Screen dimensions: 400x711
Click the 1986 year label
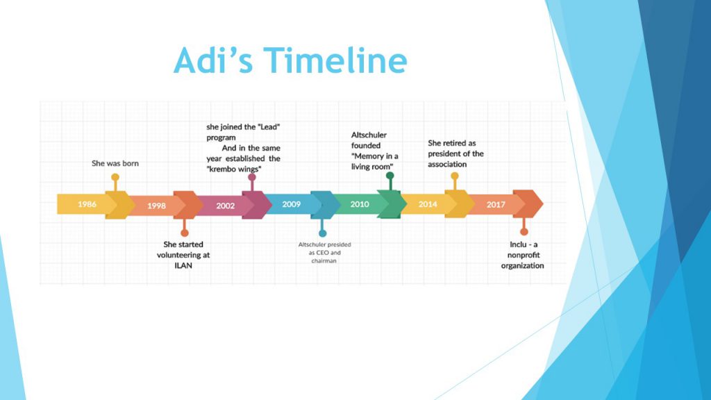(87, 204)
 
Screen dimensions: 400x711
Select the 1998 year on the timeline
(156, 206)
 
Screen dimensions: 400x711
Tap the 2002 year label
(226, 206)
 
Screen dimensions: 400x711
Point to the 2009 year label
(292, 204)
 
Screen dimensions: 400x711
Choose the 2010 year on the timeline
(360, 204)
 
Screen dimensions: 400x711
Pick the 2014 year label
(428, 204)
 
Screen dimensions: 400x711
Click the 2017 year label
(496, 204)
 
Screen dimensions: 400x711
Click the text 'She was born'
(115, 163)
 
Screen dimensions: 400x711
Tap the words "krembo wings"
(234, 169)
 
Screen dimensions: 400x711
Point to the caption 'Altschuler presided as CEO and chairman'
(324, 252)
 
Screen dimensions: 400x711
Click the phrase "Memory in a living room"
(375, 162)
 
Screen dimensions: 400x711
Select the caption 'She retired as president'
(455, 153)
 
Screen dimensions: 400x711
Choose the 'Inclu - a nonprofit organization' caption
(523, 255)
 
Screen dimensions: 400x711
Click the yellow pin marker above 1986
(115, 177)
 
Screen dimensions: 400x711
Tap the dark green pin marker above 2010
(390, 176)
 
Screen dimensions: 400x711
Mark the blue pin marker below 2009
(322, 233)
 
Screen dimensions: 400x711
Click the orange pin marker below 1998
(184, 233)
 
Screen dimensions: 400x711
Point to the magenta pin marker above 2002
(252, 178)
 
